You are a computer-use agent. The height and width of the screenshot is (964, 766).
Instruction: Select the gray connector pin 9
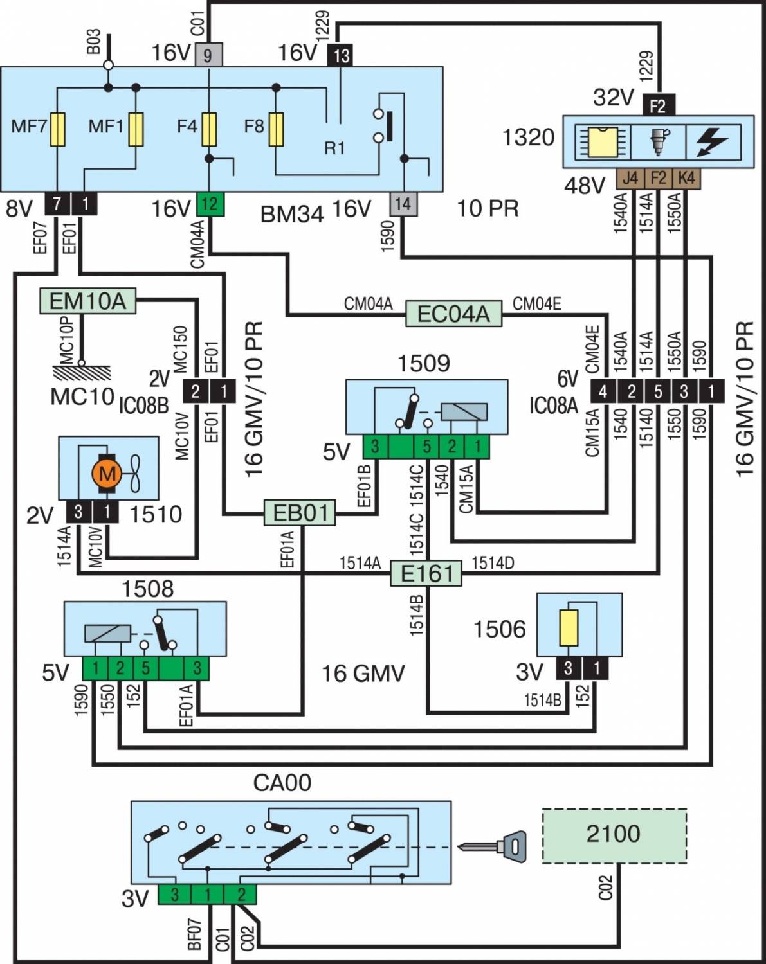click(208, 55)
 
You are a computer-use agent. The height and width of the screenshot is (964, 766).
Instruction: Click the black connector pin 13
click(340, 55)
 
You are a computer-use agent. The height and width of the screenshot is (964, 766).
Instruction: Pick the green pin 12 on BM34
click(210, 204)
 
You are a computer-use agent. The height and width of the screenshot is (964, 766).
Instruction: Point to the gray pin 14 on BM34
click(403, 204)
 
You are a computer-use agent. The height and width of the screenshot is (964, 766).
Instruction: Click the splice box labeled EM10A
click(88, 301)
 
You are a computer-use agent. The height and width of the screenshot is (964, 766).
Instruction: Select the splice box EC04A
click(453, 314)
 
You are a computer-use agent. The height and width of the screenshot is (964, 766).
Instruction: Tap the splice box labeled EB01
click(300, 513)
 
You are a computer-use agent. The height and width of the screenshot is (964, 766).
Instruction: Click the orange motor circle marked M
click(107, 474)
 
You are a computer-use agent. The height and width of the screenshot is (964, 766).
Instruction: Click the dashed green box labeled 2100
click(614, 835)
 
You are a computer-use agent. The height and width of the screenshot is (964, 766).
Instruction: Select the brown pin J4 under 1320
click(630, 178)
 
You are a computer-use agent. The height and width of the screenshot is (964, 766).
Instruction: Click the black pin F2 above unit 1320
click(657, 105)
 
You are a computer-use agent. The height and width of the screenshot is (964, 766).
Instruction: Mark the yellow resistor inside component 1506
click(569, 627)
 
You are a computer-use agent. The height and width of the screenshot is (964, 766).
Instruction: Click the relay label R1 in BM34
click(334, 148)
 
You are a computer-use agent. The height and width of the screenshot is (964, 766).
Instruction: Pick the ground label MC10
click(82, 397)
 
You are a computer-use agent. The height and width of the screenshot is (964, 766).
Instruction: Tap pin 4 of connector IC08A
click(603, 391)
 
